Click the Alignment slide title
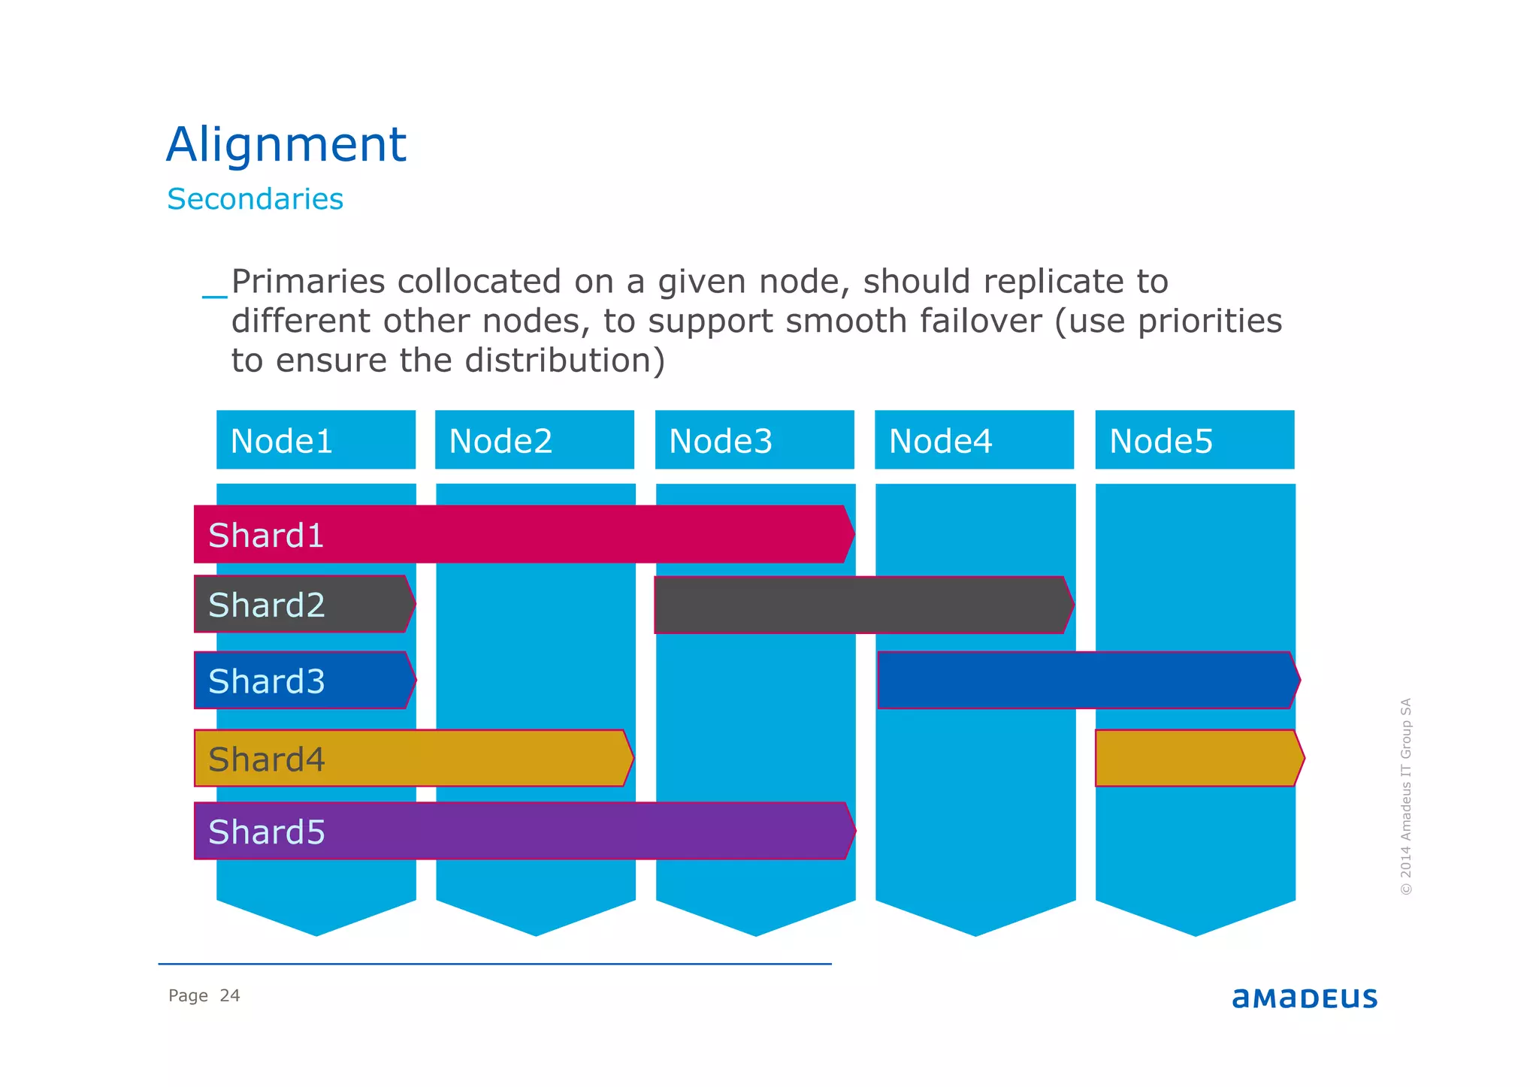pyautogui.click(x=286, y=144)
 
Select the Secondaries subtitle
pyautogui.click(x=255, y=199)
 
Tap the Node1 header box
pyautogui.click(x=316, y=440)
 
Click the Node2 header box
pyautogui.click(x=534, y=440)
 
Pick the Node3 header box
pyautogui.click(x=754, y=440)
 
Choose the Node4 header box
pyautogui.click(x=974, y=440)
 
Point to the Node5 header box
pyautogui.click(x=1194, y=440)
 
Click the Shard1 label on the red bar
pyautogui.click(x=266, y=536)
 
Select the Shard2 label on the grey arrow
pyautogui.click(x=266, y=605)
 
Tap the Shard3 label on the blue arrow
pyautogui.click(x=266, y=681)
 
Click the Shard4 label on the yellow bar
pyautogui.click(x=266, y=759)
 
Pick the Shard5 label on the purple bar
pyautogui.click(x=266, y=832)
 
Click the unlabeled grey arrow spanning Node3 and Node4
pyautogui.click(x=860, y=605)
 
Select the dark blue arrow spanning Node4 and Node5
pyautogui.click(x=1086, y=681)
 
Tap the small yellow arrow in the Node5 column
pyautogui.click(x=1196, y=759)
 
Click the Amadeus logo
pyautogui.click(x=1305, y=998)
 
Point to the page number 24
pyautogui.click(x=229, y=996)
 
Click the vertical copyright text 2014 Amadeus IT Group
pyautogui.click(x=1406, y=796)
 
